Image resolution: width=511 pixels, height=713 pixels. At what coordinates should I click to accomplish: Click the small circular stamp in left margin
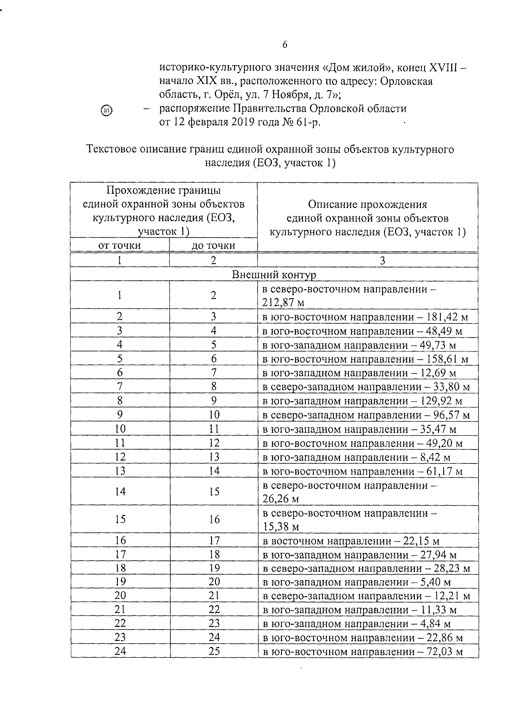click(106, 111)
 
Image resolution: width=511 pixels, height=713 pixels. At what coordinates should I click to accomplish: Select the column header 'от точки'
click(120, 245)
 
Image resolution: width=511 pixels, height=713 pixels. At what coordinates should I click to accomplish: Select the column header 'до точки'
click(213, 245)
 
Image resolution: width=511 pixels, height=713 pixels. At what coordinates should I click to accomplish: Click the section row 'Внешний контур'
click(274, 275)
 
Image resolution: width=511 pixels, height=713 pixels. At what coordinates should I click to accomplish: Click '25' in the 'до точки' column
click(214, 651)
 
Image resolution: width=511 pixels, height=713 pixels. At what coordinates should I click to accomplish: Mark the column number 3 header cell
click(382, 260)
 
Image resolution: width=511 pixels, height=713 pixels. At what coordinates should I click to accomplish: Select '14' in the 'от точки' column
click(121, 492)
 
